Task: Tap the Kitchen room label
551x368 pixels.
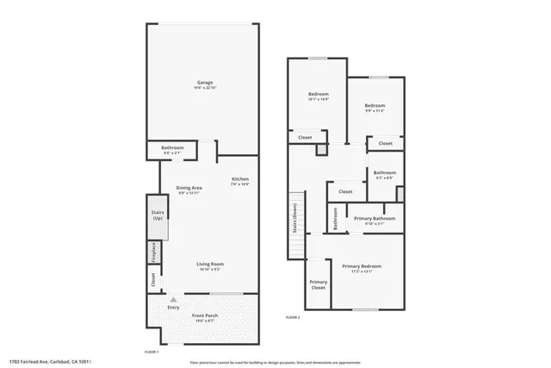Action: (239, 179)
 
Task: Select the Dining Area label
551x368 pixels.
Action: (189, 188)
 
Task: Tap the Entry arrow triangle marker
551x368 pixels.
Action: (173, 299)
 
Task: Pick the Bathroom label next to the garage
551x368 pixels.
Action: (172, 147)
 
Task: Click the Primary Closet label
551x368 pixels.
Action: (319, 284)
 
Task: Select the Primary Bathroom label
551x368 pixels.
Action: (375, 218)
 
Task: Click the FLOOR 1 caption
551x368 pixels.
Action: (152, 352)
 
